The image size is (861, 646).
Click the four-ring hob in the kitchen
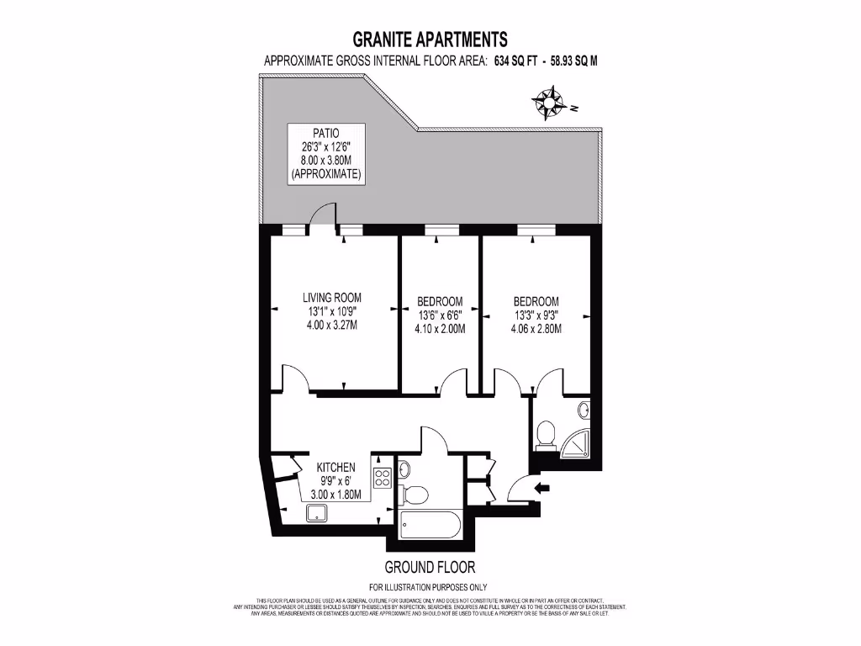point(382,478)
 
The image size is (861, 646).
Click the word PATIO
point(326,132)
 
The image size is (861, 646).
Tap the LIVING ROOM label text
point(332,297)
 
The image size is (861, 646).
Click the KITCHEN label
point(335,468)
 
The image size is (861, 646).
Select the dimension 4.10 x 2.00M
point(441,330)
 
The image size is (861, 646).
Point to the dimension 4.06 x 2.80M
point(536,329)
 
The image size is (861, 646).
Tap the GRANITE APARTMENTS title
point(430,39)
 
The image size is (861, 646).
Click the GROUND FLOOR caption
point(430,567)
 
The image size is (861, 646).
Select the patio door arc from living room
point(323,216)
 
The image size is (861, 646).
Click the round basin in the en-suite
point(584,410)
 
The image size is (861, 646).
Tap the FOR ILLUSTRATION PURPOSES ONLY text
point(429,587)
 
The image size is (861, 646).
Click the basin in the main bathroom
point(403,468)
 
